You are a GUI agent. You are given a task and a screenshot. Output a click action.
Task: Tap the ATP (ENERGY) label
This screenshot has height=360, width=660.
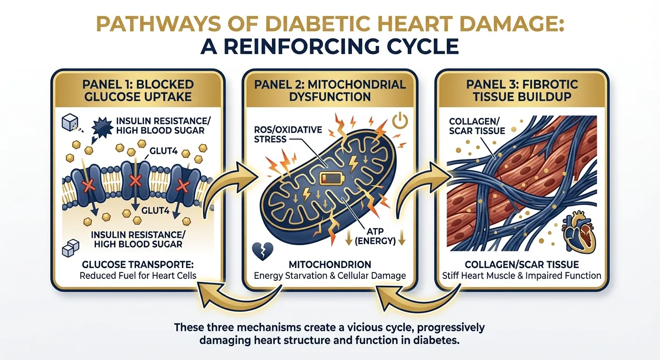(375, 236)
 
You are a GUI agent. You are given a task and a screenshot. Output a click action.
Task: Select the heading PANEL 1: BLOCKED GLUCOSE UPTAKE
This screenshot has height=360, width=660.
(138, 90)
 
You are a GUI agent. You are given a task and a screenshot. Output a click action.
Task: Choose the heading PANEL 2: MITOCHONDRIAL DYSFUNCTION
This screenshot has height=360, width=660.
(330, 90)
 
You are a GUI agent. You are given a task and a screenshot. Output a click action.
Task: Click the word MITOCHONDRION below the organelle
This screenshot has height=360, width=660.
(330, 264)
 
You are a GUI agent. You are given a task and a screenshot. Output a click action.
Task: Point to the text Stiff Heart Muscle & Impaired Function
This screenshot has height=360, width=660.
(521, 276)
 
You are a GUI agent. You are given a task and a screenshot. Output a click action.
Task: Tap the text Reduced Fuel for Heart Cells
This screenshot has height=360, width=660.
(138, 276)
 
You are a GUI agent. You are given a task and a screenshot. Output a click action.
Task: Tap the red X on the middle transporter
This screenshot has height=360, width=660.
(136, 180)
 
